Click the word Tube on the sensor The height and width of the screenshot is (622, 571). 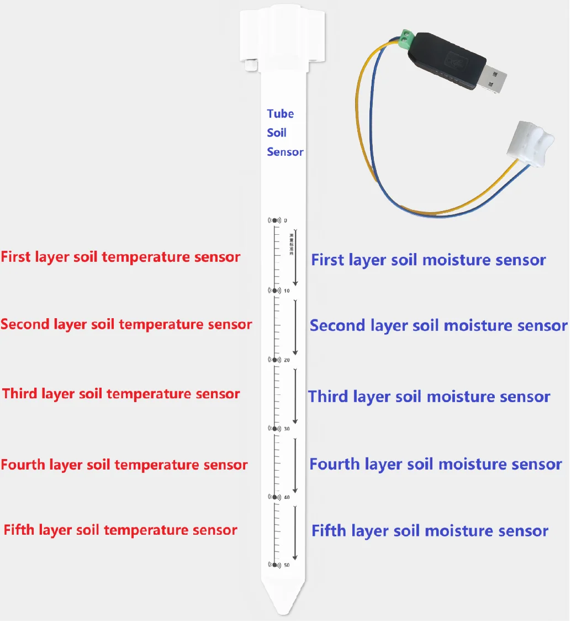(x=280, y=114)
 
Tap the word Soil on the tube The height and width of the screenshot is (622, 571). (x=277, y=133)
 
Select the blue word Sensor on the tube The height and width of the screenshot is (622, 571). (x=285, y=152)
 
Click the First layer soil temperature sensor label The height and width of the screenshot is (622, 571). (x=120, y=257)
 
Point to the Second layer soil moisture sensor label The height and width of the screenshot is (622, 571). (x=438, y=325)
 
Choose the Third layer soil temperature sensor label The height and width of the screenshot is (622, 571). (x=121, y=394)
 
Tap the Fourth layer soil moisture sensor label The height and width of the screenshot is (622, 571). (x=436, y=465)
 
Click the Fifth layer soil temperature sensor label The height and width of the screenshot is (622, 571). (x=120, y=530)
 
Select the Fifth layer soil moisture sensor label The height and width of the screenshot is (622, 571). (x=430, y=531)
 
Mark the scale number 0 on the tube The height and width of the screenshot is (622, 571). (x=286, y=220)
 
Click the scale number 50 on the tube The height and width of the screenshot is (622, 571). (x=287, y=565)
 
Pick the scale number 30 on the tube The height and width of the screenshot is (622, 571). (x=287, y=429)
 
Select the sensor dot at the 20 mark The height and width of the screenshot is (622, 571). (x=274, y=360)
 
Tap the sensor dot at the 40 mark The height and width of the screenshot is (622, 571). (x=274, y=497)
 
